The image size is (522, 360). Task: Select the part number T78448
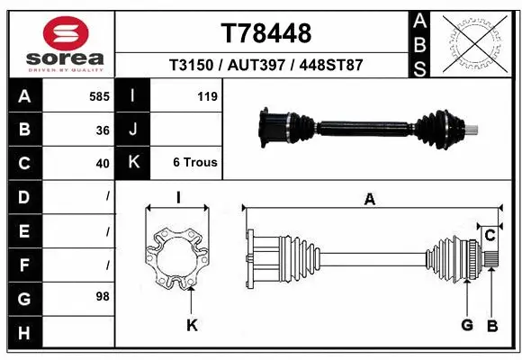pos(266,33)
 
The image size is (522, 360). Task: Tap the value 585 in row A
pos(99,96)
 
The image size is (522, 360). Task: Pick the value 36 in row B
pos(103,130)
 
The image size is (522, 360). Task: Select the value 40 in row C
pos(103,164)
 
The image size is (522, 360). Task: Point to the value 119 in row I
pos(207,96)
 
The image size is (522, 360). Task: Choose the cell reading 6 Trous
pos(195,164)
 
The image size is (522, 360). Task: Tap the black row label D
pos(23,196)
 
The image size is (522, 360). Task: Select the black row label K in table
pos(132,164)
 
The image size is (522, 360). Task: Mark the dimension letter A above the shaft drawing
pos(369,200)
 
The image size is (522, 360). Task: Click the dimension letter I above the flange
pos(178,199)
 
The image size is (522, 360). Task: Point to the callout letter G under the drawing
pos(466,325)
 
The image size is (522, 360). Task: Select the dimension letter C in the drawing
pos(490,236)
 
